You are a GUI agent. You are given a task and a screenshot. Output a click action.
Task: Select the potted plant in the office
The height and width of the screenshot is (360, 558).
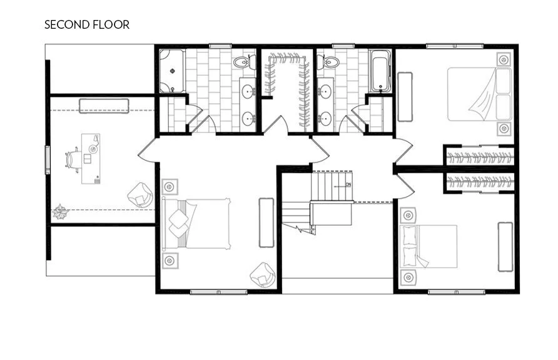pos(61,212)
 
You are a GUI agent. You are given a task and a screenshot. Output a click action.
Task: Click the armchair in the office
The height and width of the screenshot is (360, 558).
pos(141,196)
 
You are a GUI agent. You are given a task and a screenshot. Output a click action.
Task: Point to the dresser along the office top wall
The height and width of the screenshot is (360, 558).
pos(104,106)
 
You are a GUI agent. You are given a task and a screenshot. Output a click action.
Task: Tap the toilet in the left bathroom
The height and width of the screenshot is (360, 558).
pos(241,62)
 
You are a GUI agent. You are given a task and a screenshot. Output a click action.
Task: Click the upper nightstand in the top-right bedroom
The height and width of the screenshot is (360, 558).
pos(504,60)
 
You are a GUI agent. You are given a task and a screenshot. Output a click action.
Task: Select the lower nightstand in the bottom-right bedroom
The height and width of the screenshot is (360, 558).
pos(408,276)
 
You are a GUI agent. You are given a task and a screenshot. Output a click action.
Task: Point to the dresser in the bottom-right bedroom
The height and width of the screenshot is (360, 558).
pos(505,246)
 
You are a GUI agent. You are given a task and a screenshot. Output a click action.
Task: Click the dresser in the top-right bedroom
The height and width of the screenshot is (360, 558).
pos(405,96)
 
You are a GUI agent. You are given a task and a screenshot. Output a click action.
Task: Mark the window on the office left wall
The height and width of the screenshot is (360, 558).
pos(47,159)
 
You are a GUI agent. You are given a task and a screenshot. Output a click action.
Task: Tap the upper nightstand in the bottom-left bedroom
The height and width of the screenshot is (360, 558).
pos(168,187)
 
